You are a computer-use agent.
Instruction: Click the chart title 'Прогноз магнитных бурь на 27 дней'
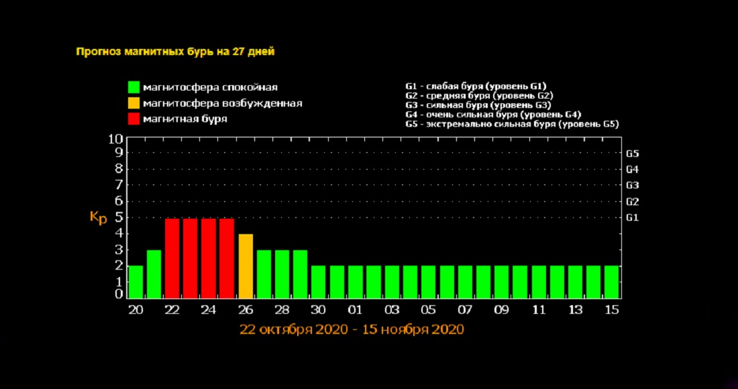click(x=175, y=52)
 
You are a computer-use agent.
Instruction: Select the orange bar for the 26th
click(x=246, y=266)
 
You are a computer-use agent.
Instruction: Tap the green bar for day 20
click(x=136, y=282)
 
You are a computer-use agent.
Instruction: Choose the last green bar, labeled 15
click(x=611, y=282)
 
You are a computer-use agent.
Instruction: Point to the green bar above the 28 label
click(x=282, y=274)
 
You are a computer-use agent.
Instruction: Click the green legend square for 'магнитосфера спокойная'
click(x=134, y=87)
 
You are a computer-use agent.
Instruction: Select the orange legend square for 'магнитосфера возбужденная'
click(x=134, y=103)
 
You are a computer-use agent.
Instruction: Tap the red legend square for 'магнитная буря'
click(x=134, y=119)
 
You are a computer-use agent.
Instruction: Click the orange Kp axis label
click(x=98, y=218)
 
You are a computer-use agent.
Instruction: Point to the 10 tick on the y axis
click(x=115, y=140)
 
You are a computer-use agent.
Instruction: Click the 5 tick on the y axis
click(x=119, y=217)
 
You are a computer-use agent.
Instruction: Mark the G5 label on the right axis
click(x=632, y=153)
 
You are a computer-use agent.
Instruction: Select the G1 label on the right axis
click(x=632, y=217)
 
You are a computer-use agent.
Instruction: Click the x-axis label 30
click(x=318, y=309)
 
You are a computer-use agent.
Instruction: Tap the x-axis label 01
click(x=355, y=309)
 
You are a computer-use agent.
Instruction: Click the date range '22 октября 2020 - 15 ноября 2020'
click(x=352, y=330)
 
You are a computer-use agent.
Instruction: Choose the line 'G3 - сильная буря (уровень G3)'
click(x=478, y=105)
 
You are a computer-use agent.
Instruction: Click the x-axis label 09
click(x=501, y=309)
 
